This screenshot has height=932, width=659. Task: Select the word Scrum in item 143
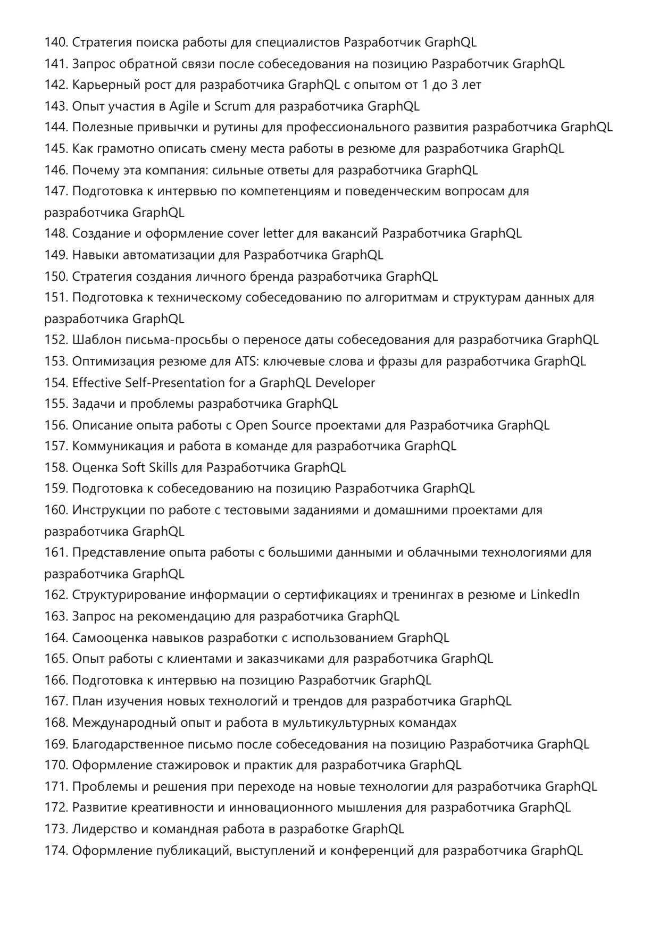click(232, 106)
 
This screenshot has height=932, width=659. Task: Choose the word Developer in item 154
click(345, 383)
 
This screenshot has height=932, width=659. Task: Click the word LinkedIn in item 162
click(555, 595)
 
